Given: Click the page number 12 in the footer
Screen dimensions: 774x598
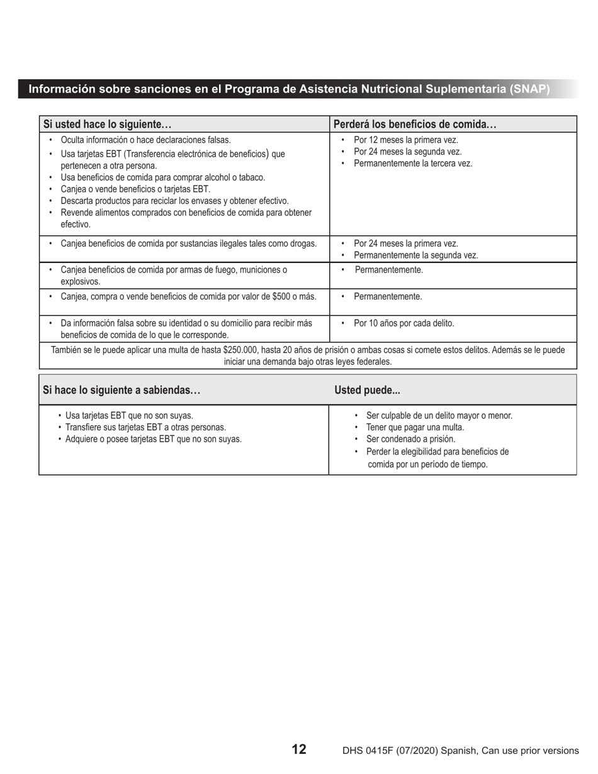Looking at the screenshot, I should [x=299, y=749].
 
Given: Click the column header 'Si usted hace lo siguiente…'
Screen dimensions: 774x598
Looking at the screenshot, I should [x=107, y=125].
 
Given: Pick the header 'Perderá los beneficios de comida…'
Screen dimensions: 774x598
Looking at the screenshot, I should [x=415, y=125].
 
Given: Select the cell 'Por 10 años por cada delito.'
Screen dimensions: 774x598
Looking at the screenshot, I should [x=403, y=323].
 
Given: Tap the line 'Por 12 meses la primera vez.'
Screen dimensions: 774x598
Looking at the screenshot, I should [x=406, y=140].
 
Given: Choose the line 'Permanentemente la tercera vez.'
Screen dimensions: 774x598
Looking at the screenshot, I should [x=413, y=164].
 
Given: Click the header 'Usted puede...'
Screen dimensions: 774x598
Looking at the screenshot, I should [x=367, y=390].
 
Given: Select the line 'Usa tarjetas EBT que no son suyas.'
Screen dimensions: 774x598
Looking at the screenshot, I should [x=129, y=415].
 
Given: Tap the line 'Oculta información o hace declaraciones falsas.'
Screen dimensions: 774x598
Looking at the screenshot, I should [x=145, y=140].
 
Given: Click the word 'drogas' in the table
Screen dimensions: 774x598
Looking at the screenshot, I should [x=302, y=244].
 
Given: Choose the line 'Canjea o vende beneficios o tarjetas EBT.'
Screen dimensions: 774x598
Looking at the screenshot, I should [x=135, y=189].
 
